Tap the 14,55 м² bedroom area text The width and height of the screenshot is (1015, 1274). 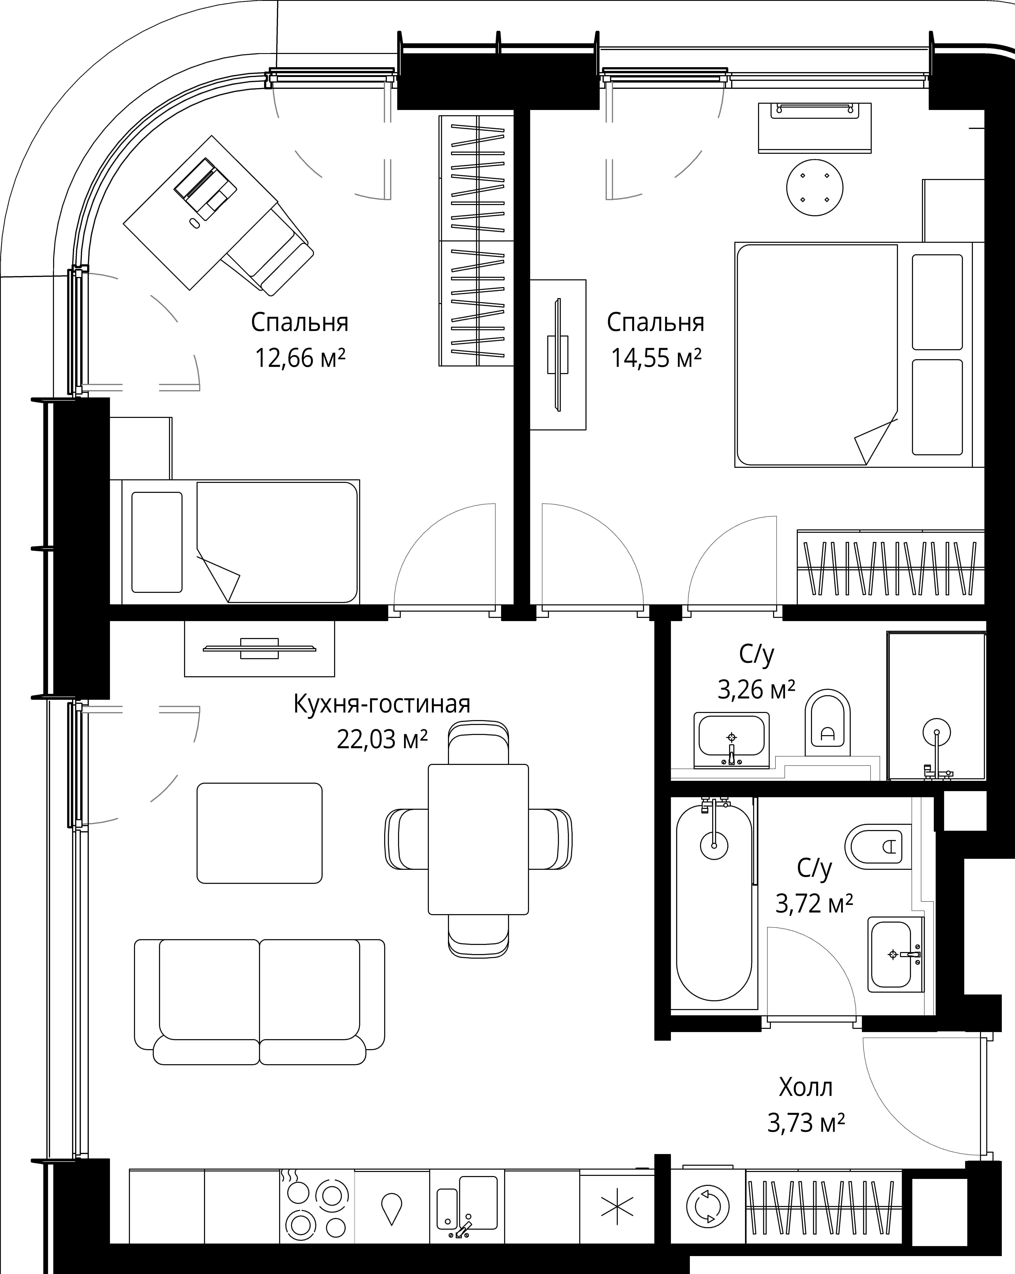(656, 358)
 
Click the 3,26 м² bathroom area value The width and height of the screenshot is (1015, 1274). (756, 689)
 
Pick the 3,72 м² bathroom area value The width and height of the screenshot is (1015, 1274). (814, 920)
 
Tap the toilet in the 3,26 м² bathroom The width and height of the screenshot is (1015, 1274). (827, 722)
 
